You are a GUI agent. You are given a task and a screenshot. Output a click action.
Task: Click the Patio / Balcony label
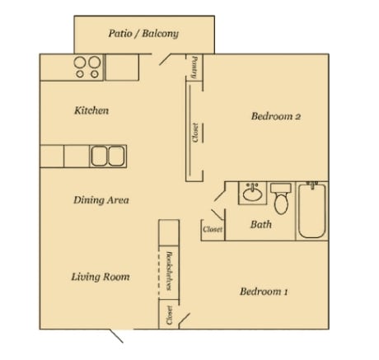pos(143,35)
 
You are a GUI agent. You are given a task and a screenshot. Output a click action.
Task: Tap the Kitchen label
pos(91,110)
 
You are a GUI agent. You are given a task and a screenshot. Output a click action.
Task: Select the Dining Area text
pos(101,200)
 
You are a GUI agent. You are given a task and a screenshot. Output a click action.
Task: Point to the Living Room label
pos(101,277)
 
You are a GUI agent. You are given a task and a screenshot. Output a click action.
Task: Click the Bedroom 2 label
pos(275,117)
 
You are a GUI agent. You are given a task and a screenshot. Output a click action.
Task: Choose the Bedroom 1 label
pos(264,292)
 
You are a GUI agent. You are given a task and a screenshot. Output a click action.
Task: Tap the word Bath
pos(261,224)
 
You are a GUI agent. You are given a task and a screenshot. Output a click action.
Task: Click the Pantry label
pos(194,68)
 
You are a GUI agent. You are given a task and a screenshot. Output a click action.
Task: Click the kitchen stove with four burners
pos(87,67)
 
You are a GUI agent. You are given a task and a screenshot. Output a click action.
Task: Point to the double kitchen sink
pos(105,156)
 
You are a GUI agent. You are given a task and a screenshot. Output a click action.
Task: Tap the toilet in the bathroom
pos(281,199)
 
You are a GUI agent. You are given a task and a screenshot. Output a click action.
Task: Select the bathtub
pos(312,210)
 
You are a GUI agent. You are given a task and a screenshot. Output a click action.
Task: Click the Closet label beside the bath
pos(213,230)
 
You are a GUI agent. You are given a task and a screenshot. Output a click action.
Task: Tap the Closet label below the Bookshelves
pos(169,315)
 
